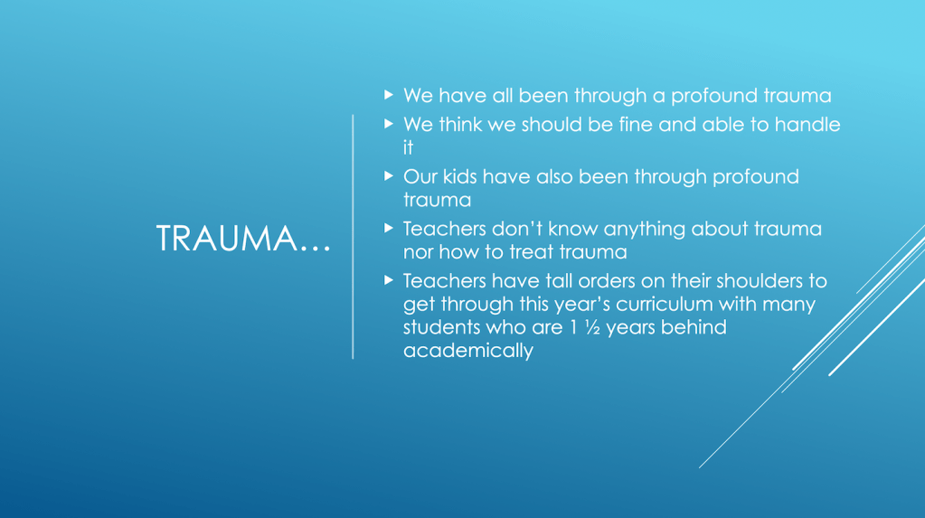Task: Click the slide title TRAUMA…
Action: coord(243,239)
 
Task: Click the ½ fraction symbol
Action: coord(592,327)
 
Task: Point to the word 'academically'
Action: coord(468,351)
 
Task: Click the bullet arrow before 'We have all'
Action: coord(388,94)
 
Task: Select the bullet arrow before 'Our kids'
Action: coord(388,175)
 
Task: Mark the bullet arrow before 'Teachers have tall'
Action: coord(388,279)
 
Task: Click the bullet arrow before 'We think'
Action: coord(388,123)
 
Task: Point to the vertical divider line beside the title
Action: coord(353,237)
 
